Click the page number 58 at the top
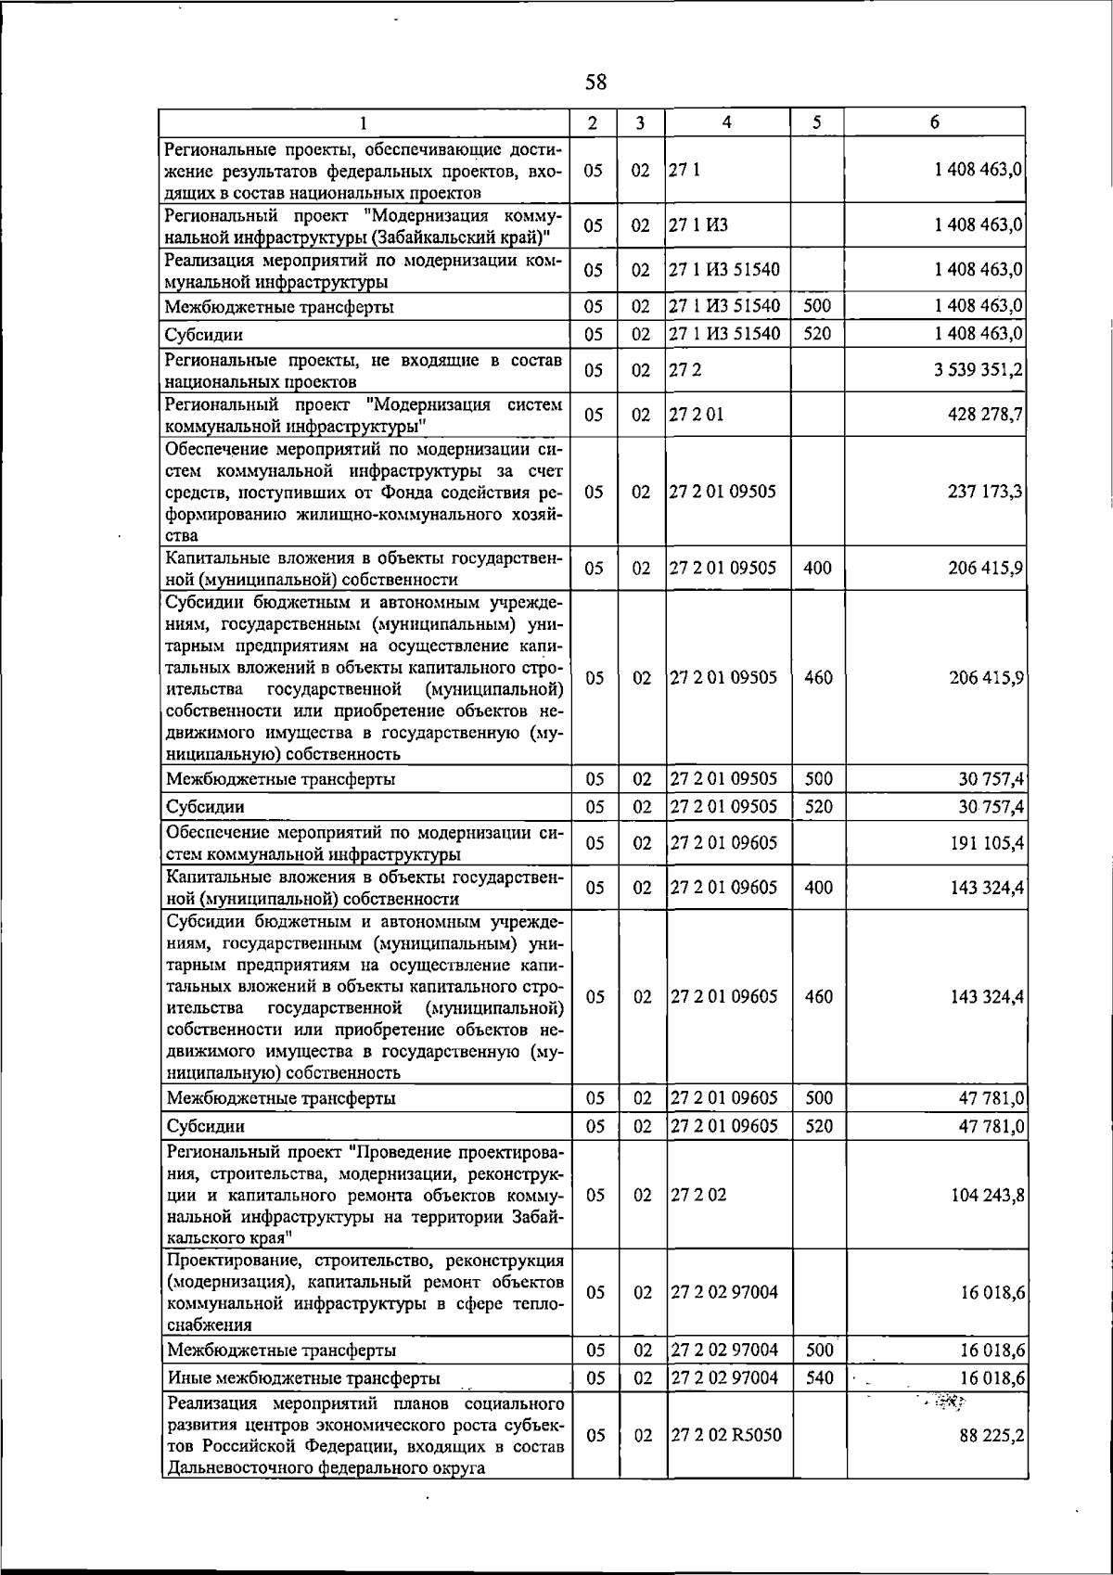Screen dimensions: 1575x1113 (595, 83)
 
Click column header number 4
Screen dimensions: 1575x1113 (727, 122)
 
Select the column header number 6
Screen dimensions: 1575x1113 (935, 122)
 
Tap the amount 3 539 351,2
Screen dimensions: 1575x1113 (979, 370)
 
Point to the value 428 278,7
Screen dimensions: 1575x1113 (986, 415)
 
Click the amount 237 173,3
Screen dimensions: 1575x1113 (986, 492)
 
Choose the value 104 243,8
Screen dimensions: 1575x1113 (986, 1196)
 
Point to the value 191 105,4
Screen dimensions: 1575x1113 (986, 842)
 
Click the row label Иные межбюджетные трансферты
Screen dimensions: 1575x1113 (302, 1378)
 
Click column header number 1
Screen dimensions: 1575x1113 (364, 122)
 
